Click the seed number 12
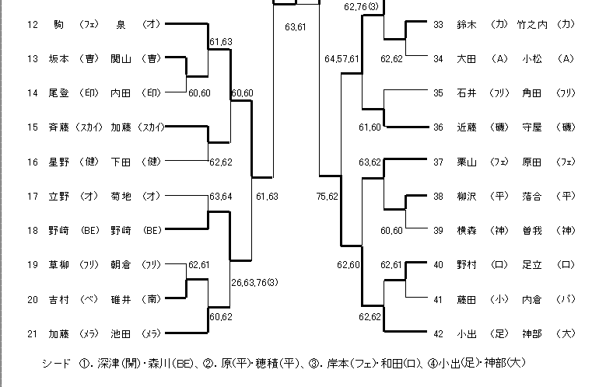pyautogui.click(x=32, y=25)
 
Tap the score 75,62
pyautogui.click(x=327, y=196)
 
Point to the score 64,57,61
pyautogui.click(x=342, y=58)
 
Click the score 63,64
pyautogui.click(x=221, y=196)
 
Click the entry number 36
pyautogui.click(x=438, y=127)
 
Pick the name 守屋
pyautogui.click(x=534, y=127)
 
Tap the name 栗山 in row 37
pyautogui.click(x=468, y=162)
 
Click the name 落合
pyautogui.click(x=534, y=196)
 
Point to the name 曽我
pyautogui.click(x=534, y=231)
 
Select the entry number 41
pyautogui.click(x=438, y=299)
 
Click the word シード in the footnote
pyautogui.click(x=56, y=364)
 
